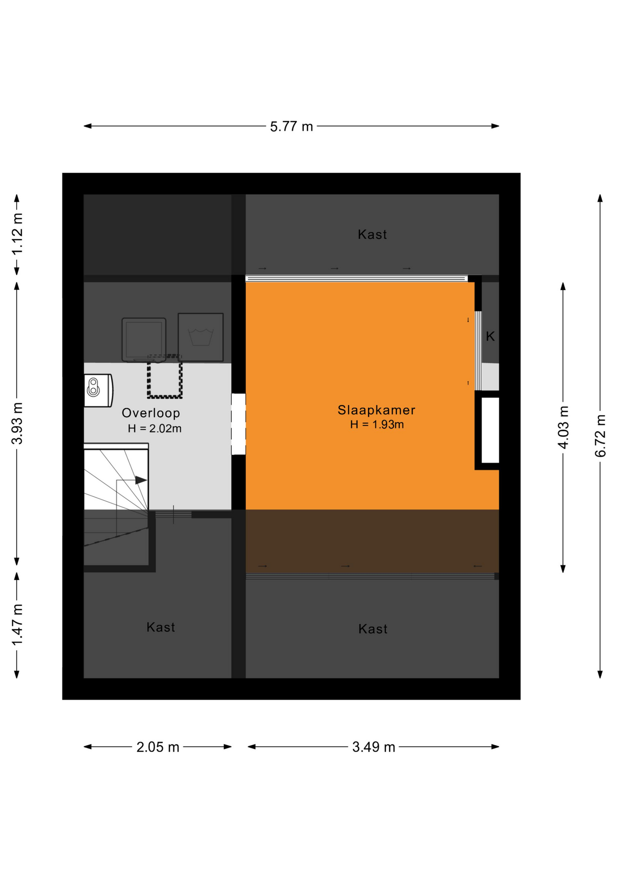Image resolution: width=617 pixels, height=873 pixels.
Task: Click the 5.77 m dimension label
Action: pyautogui.click(x=291, y=126)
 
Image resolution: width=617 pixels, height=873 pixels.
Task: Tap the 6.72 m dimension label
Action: pyautogui.click(x=600, y=436)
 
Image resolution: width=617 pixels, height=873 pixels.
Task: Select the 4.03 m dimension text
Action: pyautogui.click(x=563, y=427)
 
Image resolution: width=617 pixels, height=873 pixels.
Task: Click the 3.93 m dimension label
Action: pyautogui.click(x=17, y=423)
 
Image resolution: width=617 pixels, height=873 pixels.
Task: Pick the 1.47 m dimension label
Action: pyautogui.click(x=17, y=625)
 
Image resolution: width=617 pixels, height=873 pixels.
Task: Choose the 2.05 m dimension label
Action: pyautogui.click(x=158, y=747)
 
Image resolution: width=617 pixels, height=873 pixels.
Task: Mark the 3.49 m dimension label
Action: pyautogui.click(x=373, y=747)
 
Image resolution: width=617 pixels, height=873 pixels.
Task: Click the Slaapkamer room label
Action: pyautogui.click(x=376, y=410)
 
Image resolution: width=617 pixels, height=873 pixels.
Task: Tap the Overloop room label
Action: pyautogui.click(x=151, y=413)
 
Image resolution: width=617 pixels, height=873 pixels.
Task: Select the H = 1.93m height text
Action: pyautogui.click(x=377, y=425)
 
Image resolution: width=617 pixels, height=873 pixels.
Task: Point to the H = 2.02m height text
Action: pyautogui.click(x=154, y=429)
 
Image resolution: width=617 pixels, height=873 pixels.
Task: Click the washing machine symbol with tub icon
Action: pyautogui.click(x=200, y=337)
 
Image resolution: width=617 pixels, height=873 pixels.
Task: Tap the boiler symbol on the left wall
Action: pyautogui.click(x=98, y=390)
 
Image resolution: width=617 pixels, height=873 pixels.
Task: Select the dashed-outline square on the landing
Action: pyautogui.click(x=164, y=377)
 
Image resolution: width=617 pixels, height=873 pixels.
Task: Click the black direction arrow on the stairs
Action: pyautogui.click(x=141, y=480)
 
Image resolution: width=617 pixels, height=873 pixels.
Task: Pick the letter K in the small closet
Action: pyautogui.click(x=490, y=336)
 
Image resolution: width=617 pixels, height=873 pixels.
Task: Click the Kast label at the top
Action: pyautogui.click(x=372, y=235)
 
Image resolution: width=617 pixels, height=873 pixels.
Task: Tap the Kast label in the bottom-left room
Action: pyautogui.click(x=160, y=627)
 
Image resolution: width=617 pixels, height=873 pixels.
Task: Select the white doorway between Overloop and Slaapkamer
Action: pyautogui.click(x=239, y=424)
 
